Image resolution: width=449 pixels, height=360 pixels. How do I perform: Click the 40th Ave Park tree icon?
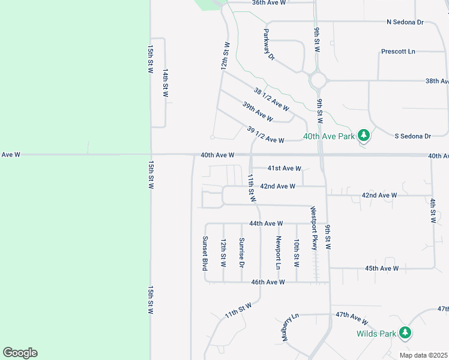click(363, 136)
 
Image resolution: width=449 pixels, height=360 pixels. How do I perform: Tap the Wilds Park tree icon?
click(406, 332)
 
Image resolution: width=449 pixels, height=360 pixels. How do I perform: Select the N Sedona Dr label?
click(405, 22)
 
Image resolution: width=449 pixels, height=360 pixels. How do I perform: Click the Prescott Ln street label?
click(398, 52)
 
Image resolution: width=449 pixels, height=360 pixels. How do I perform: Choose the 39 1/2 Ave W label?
click(265, 134)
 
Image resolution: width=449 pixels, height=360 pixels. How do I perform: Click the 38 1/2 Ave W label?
click(271, 100)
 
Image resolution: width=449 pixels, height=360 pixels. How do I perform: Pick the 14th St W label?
click(165, 82)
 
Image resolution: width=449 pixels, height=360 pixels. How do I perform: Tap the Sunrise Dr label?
click(241, 253)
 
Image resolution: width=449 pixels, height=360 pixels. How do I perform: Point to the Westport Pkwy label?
click(313, 228)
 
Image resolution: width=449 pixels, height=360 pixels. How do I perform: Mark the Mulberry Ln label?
click(288, 327)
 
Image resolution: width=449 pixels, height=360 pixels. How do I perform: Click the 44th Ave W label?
click(265, 223)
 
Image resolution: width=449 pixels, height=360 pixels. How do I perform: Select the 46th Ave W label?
click(268, 282)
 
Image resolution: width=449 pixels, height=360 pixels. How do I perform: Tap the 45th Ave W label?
click(382, 268)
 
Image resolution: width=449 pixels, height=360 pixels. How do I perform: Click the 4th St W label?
click(432, 210)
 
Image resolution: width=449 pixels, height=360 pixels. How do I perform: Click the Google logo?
click(20, 353)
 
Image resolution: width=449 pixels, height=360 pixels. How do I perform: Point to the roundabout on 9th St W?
click(318, 80)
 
